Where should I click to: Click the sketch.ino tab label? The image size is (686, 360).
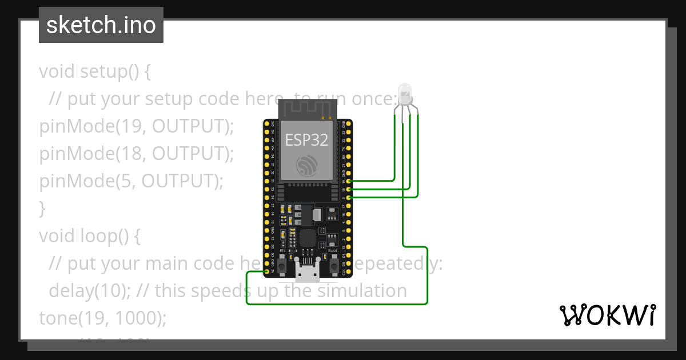[x=101, y=25]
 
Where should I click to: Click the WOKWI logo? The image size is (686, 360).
[x=607, y=315]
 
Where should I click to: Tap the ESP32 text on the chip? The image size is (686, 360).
[x=307, y=140]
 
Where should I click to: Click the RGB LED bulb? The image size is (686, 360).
[x=405, y=93]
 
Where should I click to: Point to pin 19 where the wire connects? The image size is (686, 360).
[x=349, y=181]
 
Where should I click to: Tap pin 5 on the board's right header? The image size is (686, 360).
[x=349, y=197]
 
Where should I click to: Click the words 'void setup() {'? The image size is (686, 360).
[x=95, y=71]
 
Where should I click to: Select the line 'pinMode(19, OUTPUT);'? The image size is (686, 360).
[x=137, y=126]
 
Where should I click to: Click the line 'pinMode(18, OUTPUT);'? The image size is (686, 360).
[x=137, y=154]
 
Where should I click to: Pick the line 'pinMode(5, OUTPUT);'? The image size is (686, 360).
[x=131, y=181]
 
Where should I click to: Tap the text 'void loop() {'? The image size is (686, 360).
[x=89, y=235]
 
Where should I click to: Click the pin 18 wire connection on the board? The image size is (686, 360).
[x=349, y=189]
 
